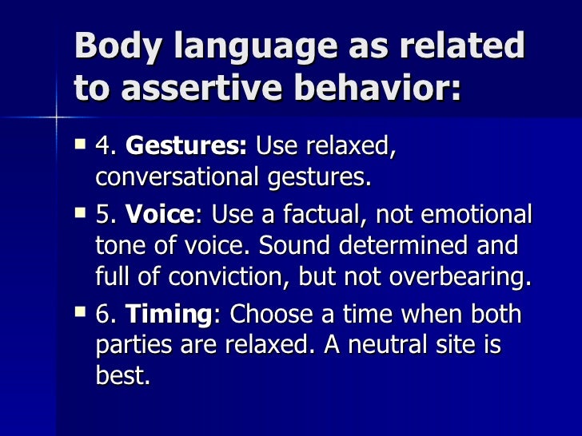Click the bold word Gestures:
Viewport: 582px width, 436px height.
pos(187,148)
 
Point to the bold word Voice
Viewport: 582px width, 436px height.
pos(159,216)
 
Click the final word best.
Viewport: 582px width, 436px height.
pos(122,374)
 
